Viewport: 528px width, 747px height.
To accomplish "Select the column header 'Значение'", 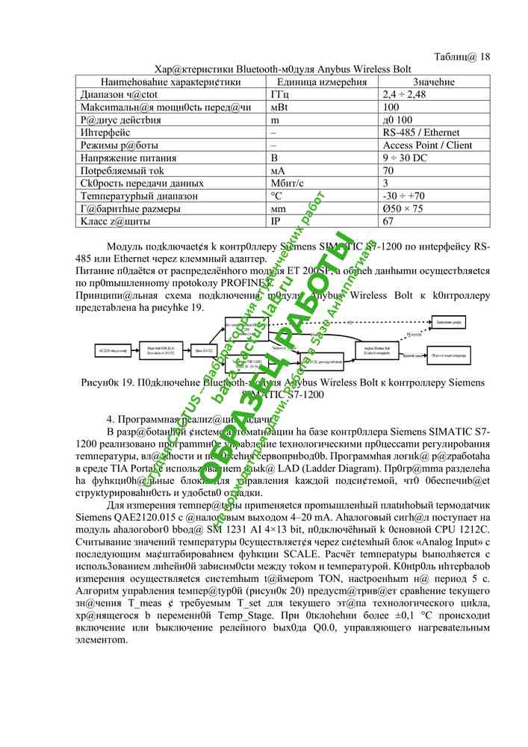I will [x=433, y=81].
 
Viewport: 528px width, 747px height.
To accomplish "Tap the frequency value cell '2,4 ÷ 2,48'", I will [x=404, y=95].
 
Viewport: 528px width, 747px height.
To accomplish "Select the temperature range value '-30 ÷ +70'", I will [x=404, y=196].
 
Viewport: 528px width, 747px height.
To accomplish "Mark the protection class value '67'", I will [x=388, y=222].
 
